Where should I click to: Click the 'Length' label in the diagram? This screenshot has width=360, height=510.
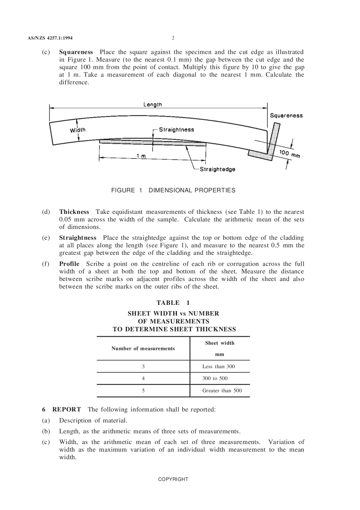152,104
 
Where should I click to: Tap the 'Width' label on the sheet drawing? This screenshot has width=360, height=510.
78,130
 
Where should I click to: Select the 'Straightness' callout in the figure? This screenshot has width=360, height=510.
176,130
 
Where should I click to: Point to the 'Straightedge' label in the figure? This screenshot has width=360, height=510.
218,169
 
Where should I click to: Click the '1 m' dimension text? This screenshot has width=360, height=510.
141,156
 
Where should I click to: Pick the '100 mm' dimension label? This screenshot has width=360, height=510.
290,154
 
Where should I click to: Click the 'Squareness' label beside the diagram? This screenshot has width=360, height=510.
286,116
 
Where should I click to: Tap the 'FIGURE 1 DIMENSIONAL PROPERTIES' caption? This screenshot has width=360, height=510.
173,190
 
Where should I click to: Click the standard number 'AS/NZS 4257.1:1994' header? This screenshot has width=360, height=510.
50,38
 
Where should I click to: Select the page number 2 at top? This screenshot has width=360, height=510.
173,38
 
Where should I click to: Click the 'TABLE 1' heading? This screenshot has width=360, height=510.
173,303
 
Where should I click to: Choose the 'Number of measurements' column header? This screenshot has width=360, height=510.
143,348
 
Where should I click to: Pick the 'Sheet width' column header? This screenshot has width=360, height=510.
219,343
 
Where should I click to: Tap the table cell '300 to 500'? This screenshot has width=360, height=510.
215,378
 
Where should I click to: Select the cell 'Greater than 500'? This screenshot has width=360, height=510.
222,391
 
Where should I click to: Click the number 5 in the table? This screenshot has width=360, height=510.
143,391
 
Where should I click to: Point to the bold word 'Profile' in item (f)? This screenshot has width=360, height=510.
69,264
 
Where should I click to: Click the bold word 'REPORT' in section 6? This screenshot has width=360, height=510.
66,410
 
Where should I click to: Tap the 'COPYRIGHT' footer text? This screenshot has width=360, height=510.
173,479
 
